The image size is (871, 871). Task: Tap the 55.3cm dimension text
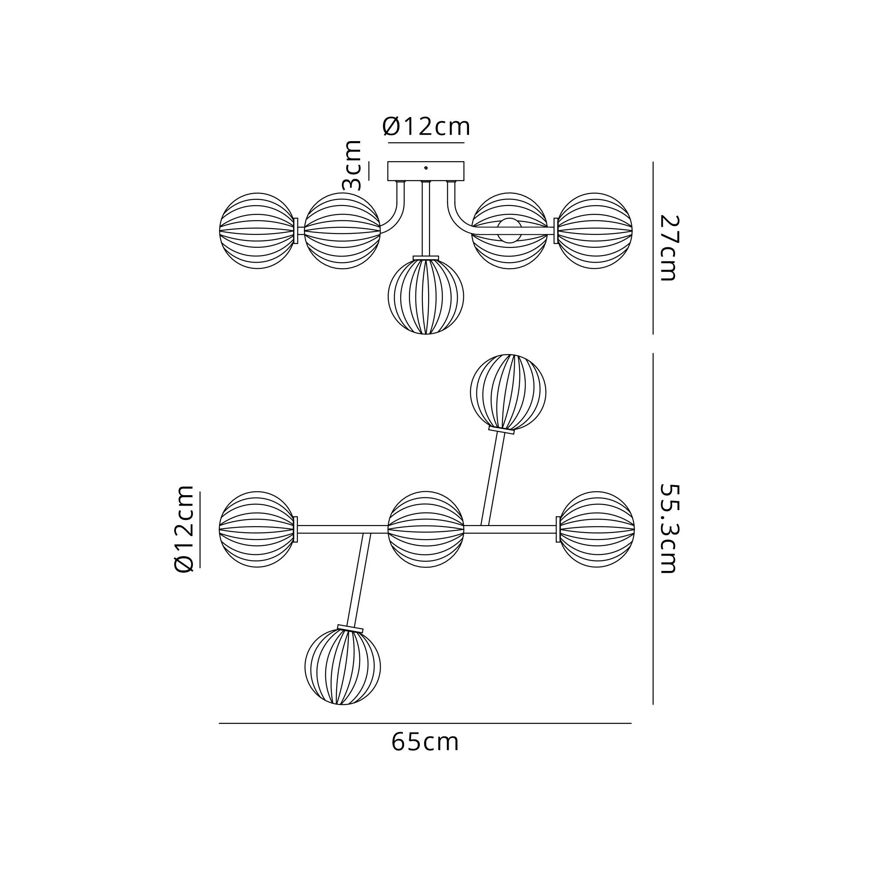(x=668, y=528)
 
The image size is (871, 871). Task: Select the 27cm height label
(x=668, y=247)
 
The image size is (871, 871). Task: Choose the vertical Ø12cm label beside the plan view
(x=183, y=529)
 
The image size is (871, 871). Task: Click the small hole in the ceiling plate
(x=425, y=168)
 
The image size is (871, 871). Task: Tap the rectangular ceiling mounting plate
(x=425, y=171)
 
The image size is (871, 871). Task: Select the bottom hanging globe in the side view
(x=425, y=296)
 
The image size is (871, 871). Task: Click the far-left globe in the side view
(x=257, y=231)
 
